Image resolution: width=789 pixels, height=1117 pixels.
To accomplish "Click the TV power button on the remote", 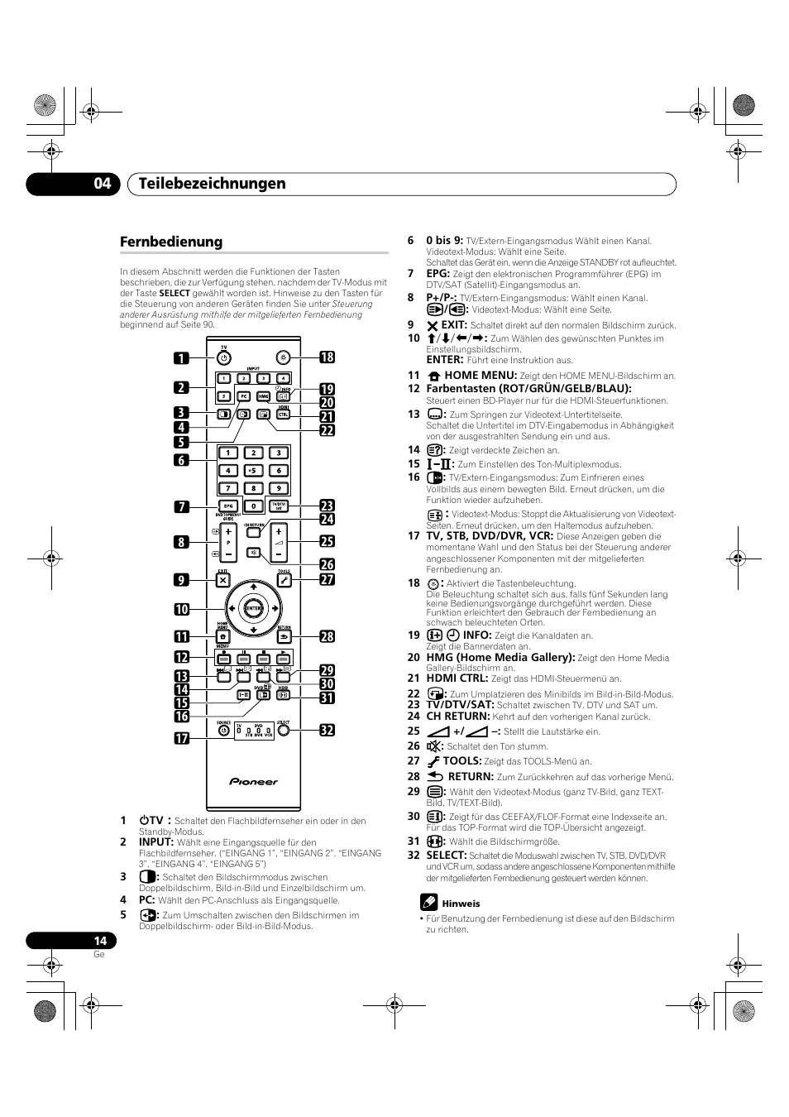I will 223,358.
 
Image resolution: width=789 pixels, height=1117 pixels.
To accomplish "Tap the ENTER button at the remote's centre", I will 253,608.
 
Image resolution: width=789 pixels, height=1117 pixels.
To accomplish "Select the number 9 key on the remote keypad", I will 279,488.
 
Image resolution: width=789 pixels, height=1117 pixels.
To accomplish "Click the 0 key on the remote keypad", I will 254,506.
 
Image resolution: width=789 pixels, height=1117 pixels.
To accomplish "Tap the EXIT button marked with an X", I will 223,580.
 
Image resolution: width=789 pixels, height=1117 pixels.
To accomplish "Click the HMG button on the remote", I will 264,396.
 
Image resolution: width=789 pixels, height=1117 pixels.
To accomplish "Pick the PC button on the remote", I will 244,396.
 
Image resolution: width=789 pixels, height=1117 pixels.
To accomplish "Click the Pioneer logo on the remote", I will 253,781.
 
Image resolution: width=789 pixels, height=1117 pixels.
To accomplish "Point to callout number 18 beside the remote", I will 328,357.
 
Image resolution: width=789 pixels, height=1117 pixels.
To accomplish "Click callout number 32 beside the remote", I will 328,730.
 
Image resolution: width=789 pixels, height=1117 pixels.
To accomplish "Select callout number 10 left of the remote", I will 182,609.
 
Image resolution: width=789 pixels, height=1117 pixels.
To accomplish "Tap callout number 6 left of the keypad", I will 182,460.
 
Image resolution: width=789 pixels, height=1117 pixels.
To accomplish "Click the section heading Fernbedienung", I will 171,242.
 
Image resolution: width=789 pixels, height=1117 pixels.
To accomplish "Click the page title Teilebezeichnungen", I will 213,184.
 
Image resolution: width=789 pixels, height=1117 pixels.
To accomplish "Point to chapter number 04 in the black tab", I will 102,184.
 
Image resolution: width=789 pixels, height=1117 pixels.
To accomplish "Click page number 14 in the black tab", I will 100,941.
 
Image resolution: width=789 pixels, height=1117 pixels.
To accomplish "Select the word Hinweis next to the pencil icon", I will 461,904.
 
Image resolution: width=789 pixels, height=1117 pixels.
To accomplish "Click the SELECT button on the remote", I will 283,731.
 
